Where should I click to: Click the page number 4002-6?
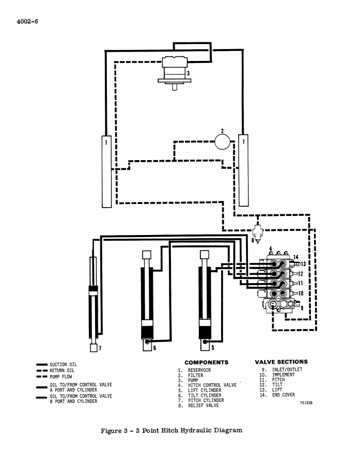pos(27,22)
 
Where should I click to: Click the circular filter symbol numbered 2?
pos(223,142)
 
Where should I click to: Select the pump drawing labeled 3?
pos(175,73)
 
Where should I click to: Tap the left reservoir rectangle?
pos(106,171)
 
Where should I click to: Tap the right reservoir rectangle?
pos(244,170)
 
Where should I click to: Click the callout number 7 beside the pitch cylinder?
pos(100,348)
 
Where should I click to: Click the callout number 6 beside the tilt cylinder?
pos(154,348)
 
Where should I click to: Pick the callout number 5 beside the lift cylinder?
pos(213,348)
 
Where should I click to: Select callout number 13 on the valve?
pos(303,264)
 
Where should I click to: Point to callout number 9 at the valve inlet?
pos(302,308)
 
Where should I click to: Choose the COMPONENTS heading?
pos(207,362)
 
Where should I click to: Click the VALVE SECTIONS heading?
pos(281,362)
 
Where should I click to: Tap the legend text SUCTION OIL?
pos(64,365)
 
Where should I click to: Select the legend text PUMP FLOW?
pos(61,377)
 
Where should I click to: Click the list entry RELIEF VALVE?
pos(204,405)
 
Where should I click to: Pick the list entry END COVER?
pos(283,395)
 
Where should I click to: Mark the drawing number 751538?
pos(306,402)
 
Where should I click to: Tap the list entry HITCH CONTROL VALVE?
pos(212,385)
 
